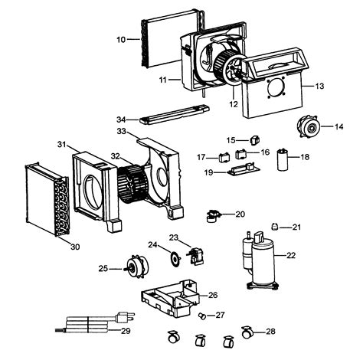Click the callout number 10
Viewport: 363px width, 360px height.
click(x=121, y=38)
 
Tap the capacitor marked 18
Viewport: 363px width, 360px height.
click(x=287, y=159)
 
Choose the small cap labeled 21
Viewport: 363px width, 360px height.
click(x=275, y=225)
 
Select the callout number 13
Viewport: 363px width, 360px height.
click(x=319, y=87)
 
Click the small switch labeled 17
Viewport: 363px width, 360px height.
click(x=224, y=158)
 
